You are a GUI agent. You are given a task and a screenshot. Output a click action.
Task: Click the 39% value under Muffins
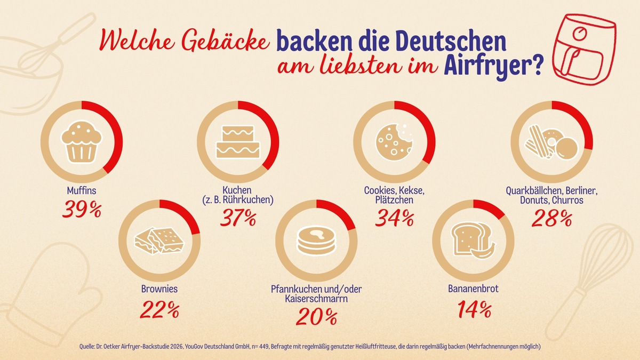pos(82,210)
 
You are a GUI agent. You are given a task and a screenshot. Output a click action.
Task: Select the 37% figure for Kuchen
pos(237,218)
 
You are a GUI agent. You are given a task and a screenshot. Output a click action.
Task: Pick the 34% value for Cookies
pos(394,218)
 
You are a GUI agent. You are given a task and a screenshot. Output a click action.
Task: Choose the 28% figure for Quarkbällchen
pos(551,218)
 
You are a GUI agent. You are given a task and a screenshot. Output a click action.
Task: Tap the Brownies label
pos(159,290)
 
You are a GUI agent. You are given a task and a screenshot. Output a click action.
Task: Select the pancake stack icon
pos(316,240)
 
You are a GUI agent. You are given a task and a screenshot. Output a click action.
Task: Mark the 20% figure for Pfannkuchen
pos(316,317)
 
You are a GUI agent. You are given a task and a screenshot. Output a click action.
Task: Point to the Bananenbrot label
pos(473,290)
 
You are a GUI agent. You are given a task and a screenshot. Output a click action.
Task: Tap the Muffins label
pos(82,190)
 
